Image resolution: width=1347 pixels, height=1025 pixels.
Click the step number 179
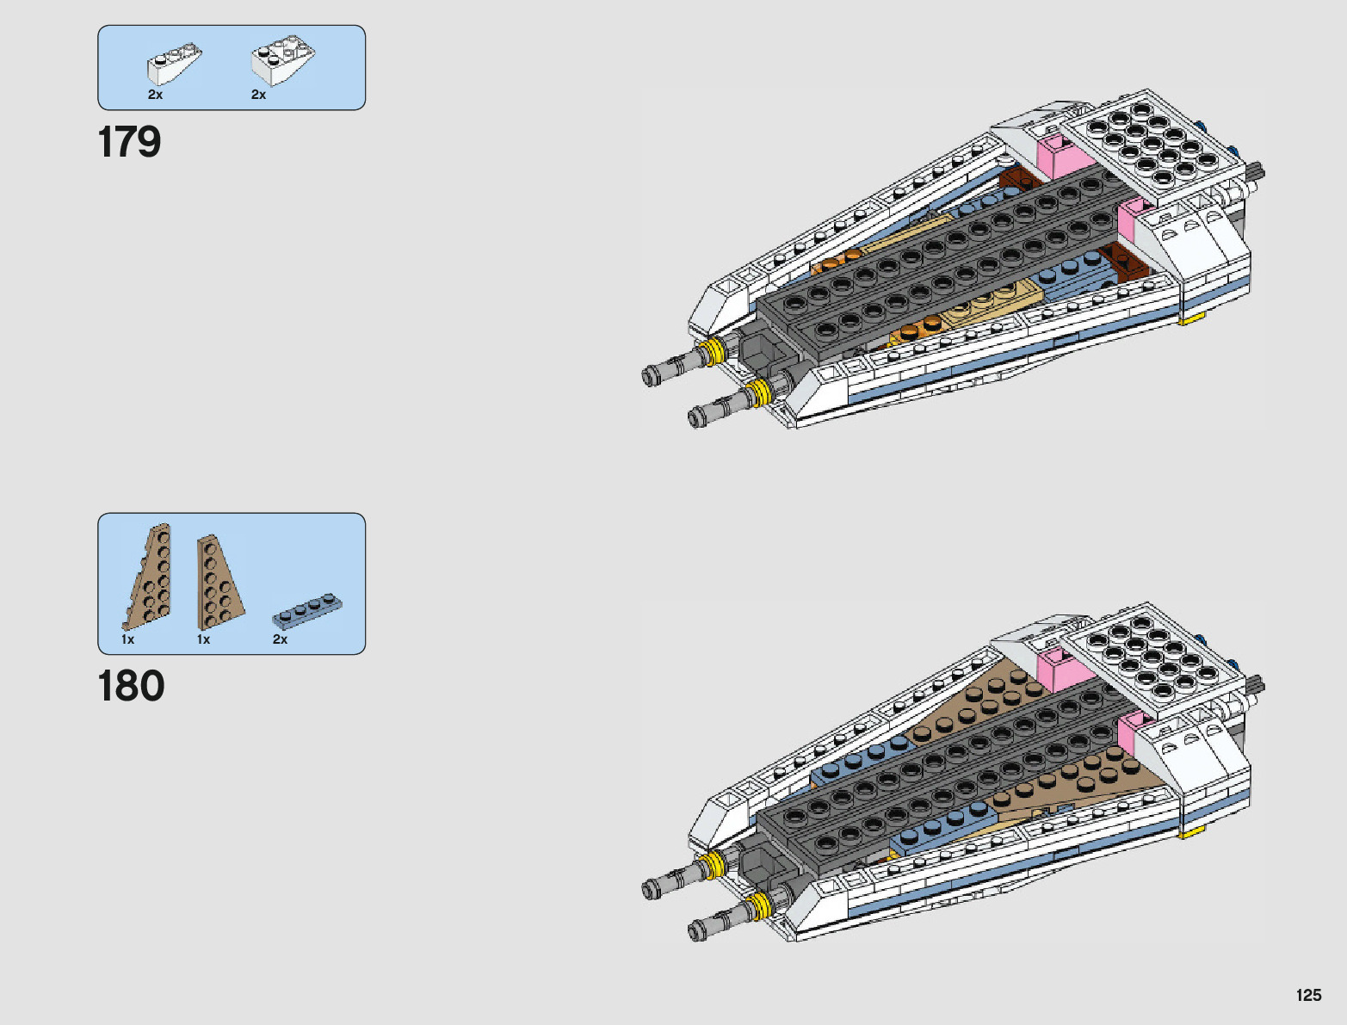coord(129,142)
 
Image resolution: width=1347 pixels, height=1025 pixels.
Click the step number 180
coord(131,686)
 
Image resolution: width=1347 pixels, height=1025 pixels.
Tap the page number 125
coord(1308,995)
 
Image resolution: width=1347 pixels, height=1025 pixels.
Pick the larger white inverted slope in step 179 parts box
coord(282,60)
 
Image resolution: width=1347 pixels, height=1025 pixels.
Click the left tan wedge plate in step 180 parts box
coord(150,577)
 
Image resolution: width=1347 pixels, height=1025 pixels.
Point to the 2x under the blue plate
coord(280,639)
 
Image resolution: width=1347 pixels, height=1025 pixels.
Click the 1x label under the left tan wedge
coord(127,639)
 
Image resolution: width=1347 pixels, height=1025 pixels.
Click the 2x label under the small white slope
coord(155,95)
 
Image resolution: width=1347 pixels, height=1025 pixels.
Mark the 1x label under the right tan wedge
coord(203,639)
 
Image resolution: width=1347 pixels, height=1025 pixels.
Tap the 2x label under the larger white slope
coord(258,95)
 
